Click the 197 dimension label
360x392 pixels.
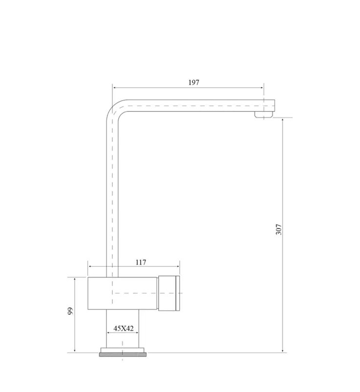[x=193, y=82]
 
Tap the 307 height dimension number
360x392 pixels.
[x=278, y=229]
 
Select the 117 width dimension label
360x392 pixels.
[x=141, y=262]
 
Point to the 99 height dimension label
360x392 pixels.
[x=70, y=311]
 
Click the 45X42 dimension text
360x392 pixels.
[x=123, y=328]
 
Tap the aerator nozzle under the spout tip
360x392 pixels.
[x=263, y=115]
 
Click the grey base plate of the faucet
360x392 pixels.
[x=123, y=354]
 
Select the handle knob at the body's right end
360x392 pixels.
[x=169, y=293]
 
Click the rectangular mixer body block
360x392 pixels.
[x=123, y=293]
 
